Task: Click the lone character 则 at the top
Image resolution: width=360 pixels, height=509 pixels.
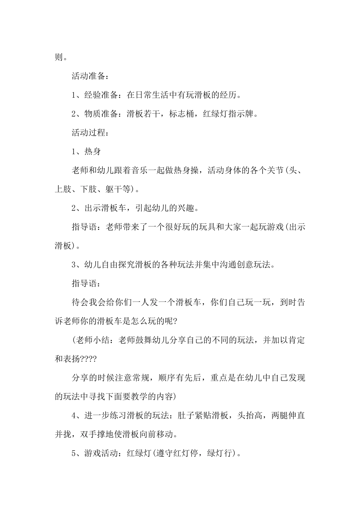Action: [x=59, y=57]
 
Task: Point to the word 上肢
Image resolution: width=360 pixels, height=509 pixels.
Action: [x=63, y=189]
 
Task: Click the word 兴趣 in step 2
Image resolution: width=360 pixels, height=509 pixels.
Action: [x=186, y=208]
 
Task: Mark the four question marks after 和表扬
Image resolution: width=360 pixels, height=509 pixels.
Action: [x=89, y=359]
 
